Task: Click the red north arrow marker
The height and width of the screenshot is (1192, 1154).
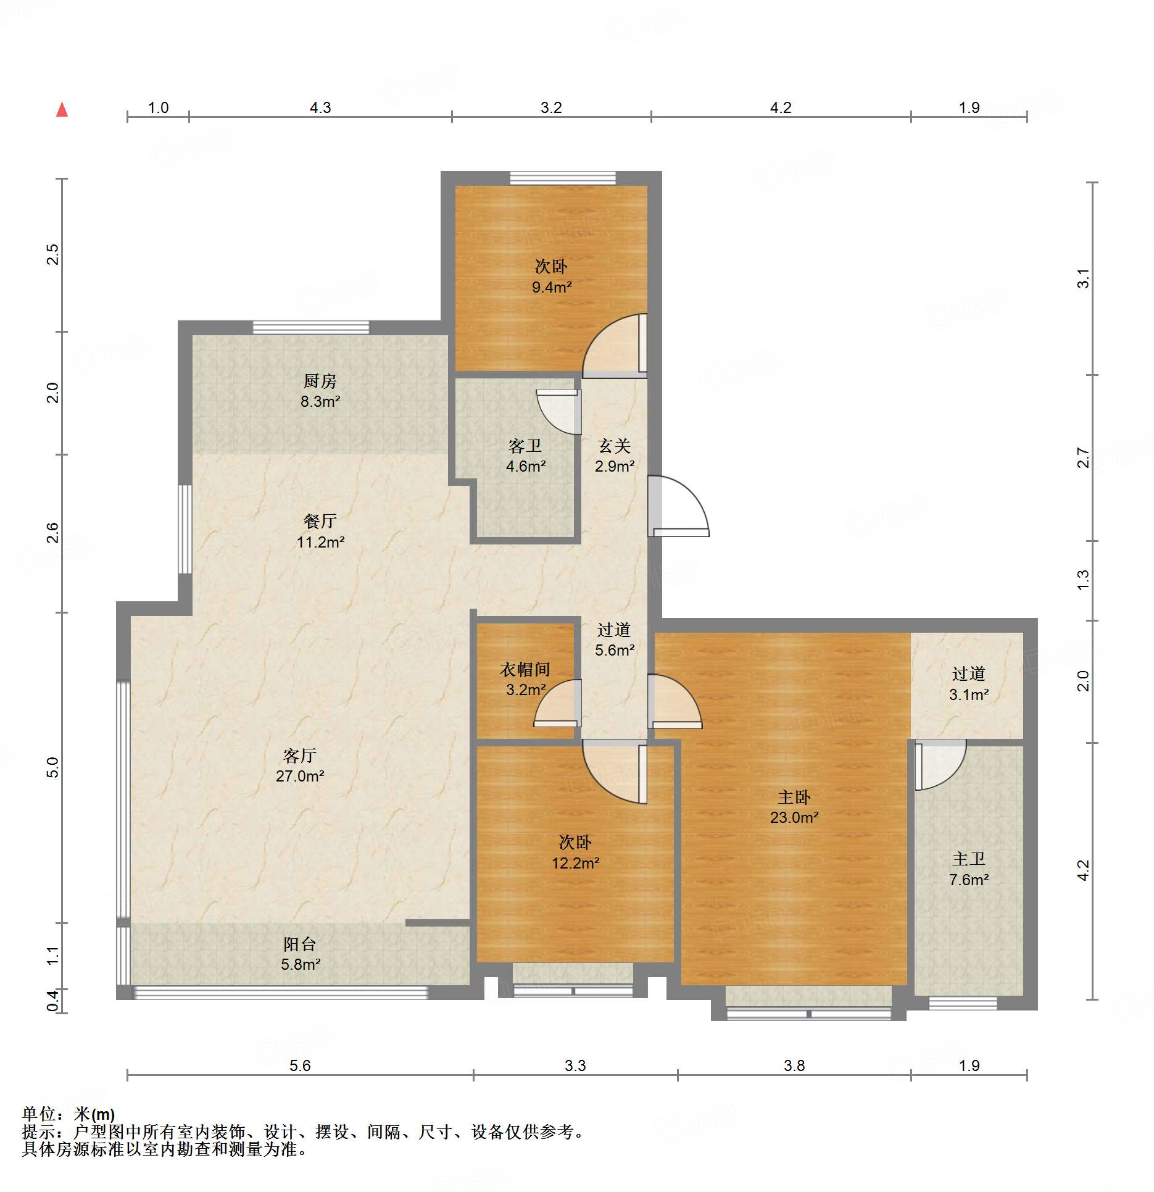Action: tap(62, 109)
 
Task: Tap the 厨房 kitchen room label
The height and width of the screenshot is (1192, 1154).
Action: tap(320, 381)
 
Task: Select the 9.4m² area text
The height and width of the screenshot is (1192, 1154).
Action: tap(552, 287)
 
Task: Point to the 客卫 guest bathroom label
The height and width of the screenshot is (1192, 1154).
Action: tap(525, 446)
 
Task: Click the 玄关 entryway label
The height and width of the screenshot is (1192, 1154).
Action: tap(615, 446)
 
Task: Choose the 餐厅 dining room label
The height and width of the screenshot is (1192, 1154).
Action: tap(320, 521)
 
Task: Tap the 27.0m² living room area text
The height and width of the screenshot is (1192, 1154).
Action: tap(300, 776)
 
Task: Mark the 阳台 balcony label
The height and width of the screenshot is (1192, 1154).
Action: tap(300, 944)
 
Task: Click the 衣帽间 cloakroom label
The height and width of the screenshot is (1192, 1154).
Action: tap(525, 669)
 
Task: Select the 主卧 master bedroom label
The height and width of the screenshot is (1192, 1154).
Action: tap(794, 797)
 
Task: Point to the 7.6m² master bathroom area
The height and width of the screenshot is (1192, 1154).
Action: tap(969, 880)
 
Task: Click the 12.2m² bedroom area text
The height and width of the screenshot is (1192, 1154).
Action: tap(575, 863)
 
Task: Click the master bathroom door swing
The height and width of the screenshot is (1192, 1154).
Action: tap(940, 765)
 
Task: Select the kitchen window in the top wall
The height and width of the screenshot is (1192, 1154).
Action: tap(311, 328)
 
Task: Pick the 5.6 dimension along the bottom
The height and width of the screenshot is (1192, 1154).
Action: tap(300, 1065)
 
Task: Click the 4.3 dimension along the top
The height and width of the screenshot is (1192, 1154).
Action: tap(320, 107)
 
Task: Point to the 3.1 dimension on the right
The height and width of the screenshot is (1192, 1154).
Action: tap(1083, 279)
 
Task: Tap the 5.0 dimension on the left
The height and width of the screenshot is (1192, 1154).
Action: tap(52, 767)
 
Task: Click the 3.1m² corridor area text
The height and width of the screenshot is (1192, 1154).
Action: tap(969, 694)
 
